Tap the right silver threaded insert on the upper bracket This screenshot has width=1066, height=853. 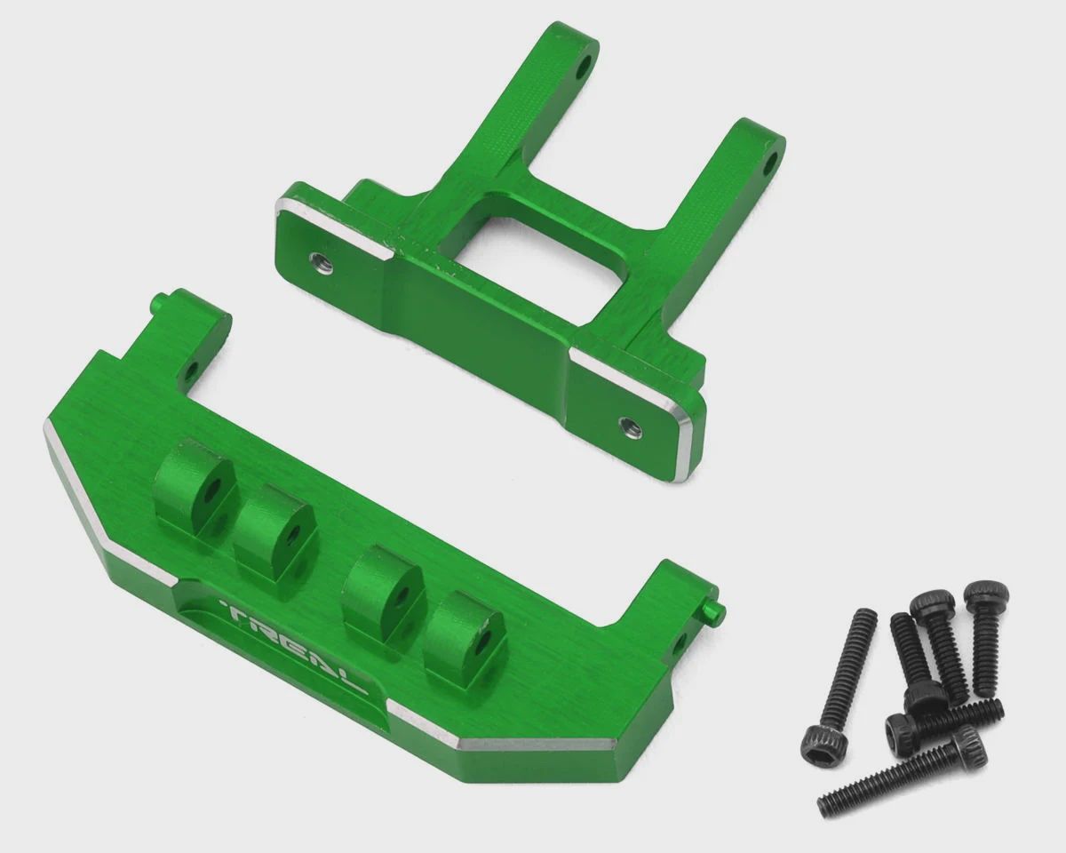tap(630, 426)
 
